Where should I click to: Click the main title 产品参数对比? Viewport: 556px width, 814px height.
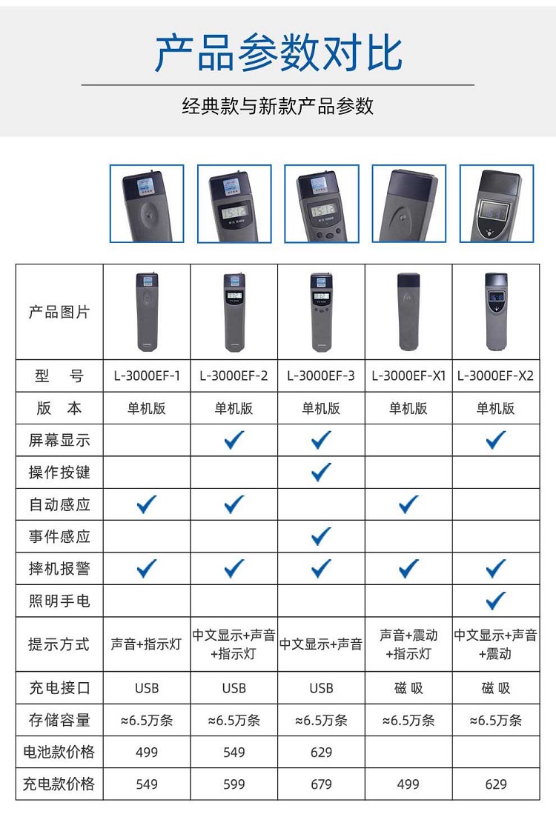(x=278, y=53)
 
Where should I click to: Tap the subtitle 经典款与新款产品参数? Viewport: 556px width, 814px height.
(x=278, y=106)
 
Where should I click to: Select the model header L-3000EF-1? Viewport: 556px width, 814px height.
(x=147, y=376)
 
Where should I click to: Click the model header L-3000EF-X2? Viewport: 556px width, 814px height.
(x=495, y=376)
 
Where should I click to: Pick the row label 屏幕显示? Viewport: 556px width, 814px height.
(x=59, y=440)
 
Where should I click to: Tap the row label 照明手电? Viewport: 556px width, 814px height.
(x=59, y=601)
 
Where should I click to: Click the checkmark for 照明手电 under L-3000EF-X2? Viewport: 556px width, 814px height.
(x=495, y=601)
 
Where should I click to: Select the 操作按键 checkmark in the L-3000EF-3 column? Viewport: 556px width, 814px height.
(x=321, y=472)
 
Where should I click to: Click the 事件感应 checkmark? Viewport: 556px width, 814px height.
(x=321, y=536)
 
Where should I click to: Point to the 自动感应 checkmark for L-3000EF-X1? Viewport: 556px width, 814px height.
(x=408, y=504)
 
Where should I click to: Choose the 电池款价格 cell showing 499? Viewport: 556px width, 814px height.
(x=147, y=752)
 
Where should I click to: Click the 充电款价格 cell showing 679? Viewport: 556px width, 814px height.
(x=321, y=784)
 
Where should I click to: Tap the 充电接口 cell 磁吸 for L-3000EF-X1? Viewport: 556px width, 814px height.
(x=408, y=688)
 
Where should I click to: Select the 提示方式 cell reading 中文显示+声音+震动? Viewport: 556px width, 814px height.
(x=495, y=644)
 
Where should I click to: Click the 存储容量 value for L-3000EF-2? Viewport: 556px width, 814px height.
(x=234, y=720)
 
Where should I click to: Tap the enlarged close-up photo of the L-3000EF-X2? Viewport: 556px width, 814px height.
(x=497, y=204)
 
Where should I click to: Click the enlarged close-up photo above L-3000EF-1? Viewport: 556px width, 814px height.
(x=147, y=204)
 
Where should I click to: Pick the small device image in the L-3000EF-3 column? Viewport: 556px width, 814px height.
(x=321, y=312)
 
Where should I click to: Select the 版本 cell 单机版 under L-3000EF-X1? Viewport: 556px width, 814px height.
(x=408, y=408)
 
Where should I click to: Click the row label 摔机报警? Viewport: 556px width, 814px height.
(x=59, y=568)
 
